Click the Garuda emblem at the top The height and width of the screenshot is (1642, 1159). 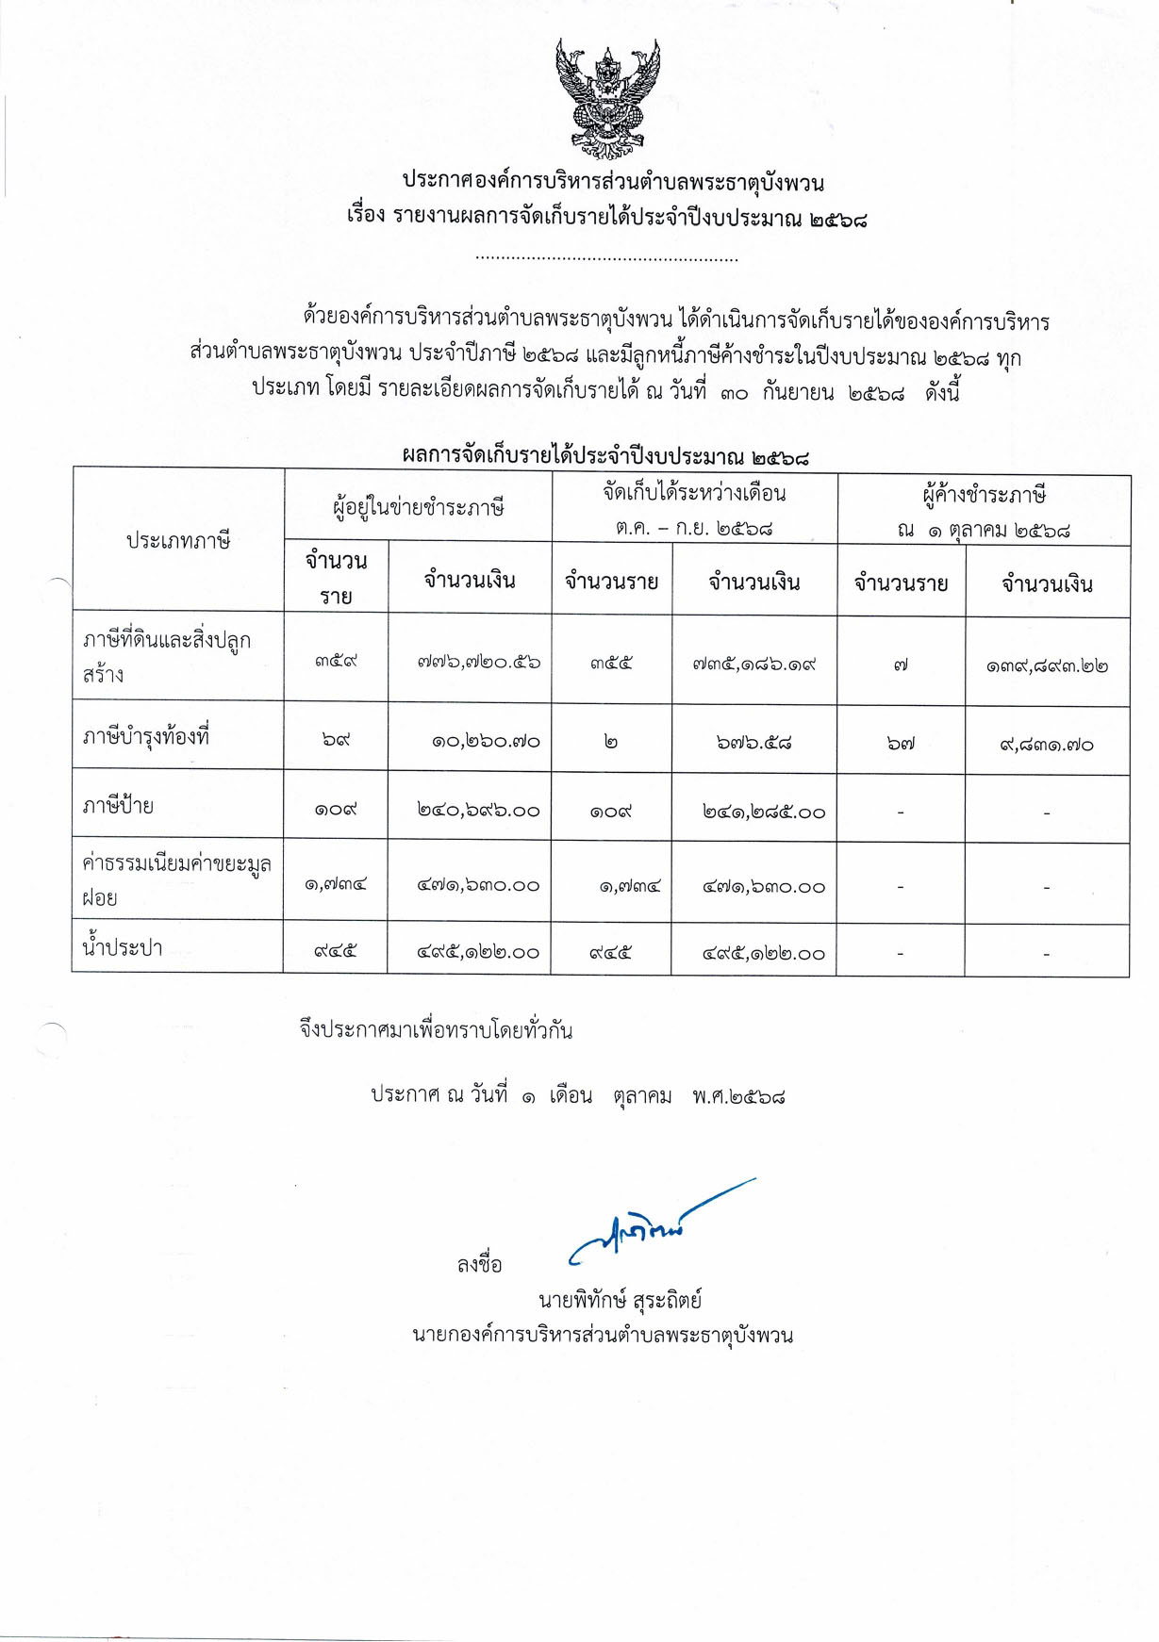607,99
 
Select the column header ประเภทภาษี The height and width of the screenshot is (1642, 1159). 178,541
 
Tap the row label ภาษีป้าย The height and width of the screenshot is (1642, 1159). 118,806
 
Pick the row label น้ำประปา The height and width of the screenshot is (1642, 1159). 123,948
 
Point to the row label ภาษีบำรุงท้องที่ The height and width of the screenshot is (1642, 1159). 146,736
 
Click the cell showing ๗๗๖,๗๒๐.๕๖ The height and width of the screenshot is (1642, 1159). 478,662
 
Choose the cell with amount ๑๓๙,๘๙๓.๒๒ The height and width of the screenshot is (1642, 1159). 1047,666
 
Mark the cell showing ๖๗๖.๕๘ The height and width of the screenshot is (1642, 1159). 753,743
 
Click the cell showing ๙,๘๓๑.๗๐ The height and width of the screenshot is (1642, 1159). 1047,745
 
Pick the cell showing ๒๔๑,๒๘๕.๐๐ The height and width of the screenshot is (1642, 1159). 764,812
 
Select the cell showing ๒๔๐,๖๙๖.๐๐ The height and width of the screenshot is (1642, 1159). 478,810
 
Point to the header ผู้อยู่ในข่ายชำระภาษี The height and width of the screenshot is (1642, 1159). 418,507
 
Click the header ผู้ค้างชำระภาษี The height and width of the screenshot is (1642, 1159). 984,495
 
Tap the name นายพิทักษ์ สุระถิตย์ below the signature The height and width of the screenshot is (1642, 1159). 620,1301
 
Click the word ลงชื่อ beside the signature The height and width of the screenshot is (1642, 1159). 480,1265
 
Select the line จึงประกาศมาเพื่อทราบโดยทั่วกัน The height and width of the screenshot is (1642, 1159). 436,1030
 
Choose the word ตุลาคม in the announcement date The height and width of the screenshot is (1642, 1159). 642,1096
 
